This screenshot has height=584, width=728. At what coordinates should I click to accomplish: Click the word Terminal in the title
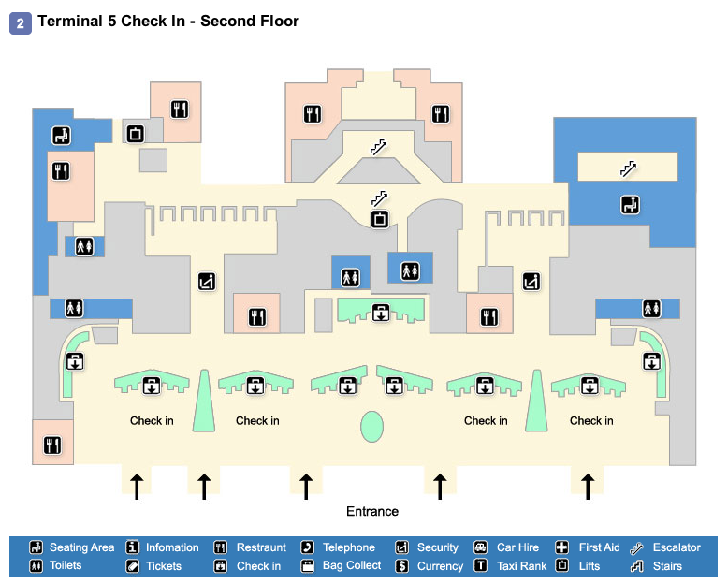tap(71, 21)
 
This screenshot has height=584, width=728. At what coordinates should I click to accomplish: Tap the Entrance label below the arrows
tap(372, 511)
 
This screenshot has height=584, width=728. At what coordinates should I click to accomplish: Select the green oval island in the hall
tap(372, 426)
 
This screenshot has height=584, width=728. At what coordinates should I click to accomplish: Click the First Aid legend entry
tap(599, 547)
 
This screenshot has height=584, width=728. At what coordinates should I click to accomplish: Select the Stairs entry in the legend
tap(669, 566)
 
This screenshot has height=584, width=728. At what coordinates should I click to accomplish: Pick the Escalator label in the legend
tap(676, 547)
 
